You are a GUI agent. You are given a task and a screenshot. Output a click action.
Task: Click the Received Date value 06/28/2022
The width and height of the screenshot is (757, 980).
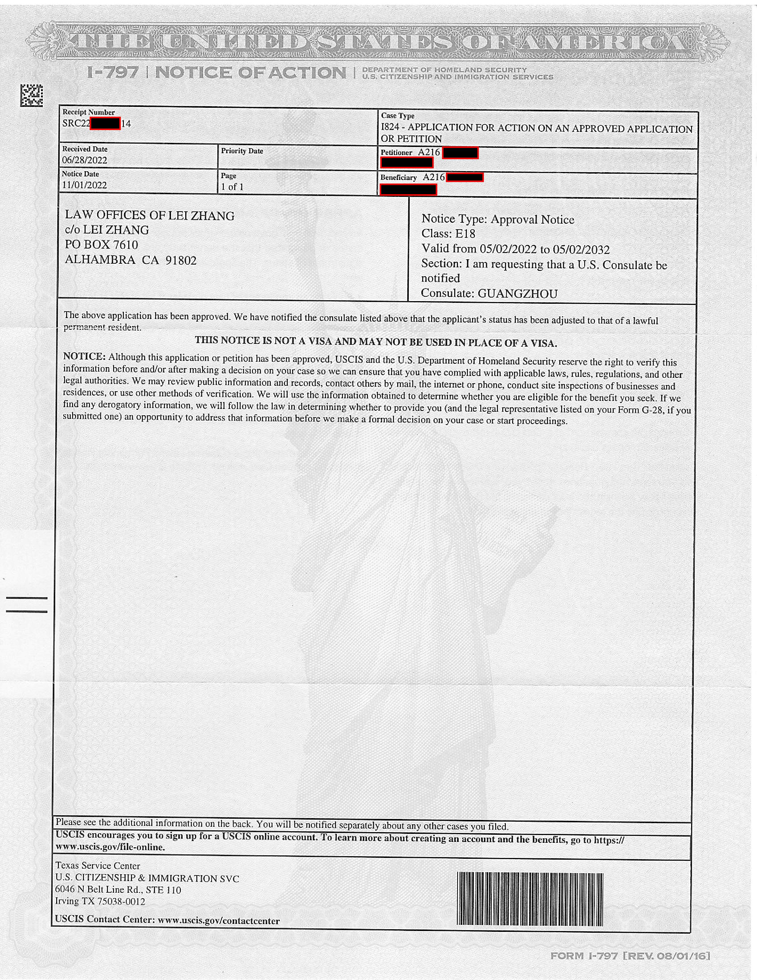(85, 160)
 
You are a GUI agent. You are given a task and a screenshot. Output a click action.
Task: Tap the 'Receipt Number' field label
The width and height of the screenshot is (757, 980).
(88, 112)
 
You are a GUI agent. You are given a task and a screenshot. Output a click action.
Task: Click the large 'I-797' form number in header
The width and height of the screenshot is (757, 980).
(113, 72)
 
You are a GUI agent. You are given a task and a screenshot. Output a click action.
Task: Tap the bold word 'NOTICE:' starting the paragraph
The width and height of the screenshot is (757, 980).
(84, 357)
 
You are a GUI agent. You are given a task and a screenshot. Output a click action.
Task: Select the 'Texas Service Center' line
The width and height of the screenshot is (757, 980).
(97, 866)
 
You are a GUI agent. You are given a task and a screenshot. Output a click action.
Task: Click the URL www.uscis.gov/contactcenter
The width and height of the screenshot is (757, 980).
(219, 921)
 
